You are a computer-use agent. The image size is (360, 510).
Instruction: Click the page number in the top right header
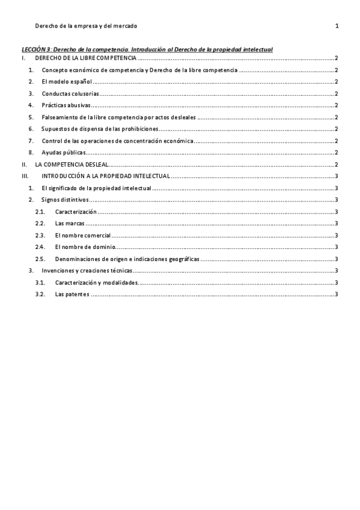(x=337, y=26)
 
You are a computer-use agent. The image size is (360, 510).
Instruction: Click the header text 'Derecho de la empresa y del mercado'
(x=86, y=26)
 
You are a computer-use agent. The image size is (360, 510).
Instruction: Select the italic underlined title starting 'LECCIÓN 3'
(x=147, y=48)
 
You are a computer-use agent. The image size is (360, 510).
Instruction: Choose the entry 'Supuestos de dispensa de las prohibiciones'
(x=100, y=129)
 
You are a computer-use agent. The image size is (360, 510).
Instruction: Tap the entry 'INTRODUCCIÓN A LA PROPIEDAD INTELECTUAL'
(x=106, y=176)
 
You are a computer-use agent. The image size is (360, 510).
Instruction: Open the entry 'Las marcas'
(x=69, y=224)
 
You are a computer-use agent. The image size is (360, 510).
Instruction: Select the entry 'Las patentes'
(x=72, y=294)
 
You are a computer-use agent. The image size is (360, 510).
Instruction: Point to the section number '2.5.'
(x=40, y=259)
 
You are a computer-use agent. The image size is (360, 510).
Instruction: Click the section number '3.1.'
(x=40, y=283)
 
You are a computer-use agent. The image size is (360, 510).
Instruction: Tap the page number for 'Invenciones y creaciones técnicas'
(x=337, y=271)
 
